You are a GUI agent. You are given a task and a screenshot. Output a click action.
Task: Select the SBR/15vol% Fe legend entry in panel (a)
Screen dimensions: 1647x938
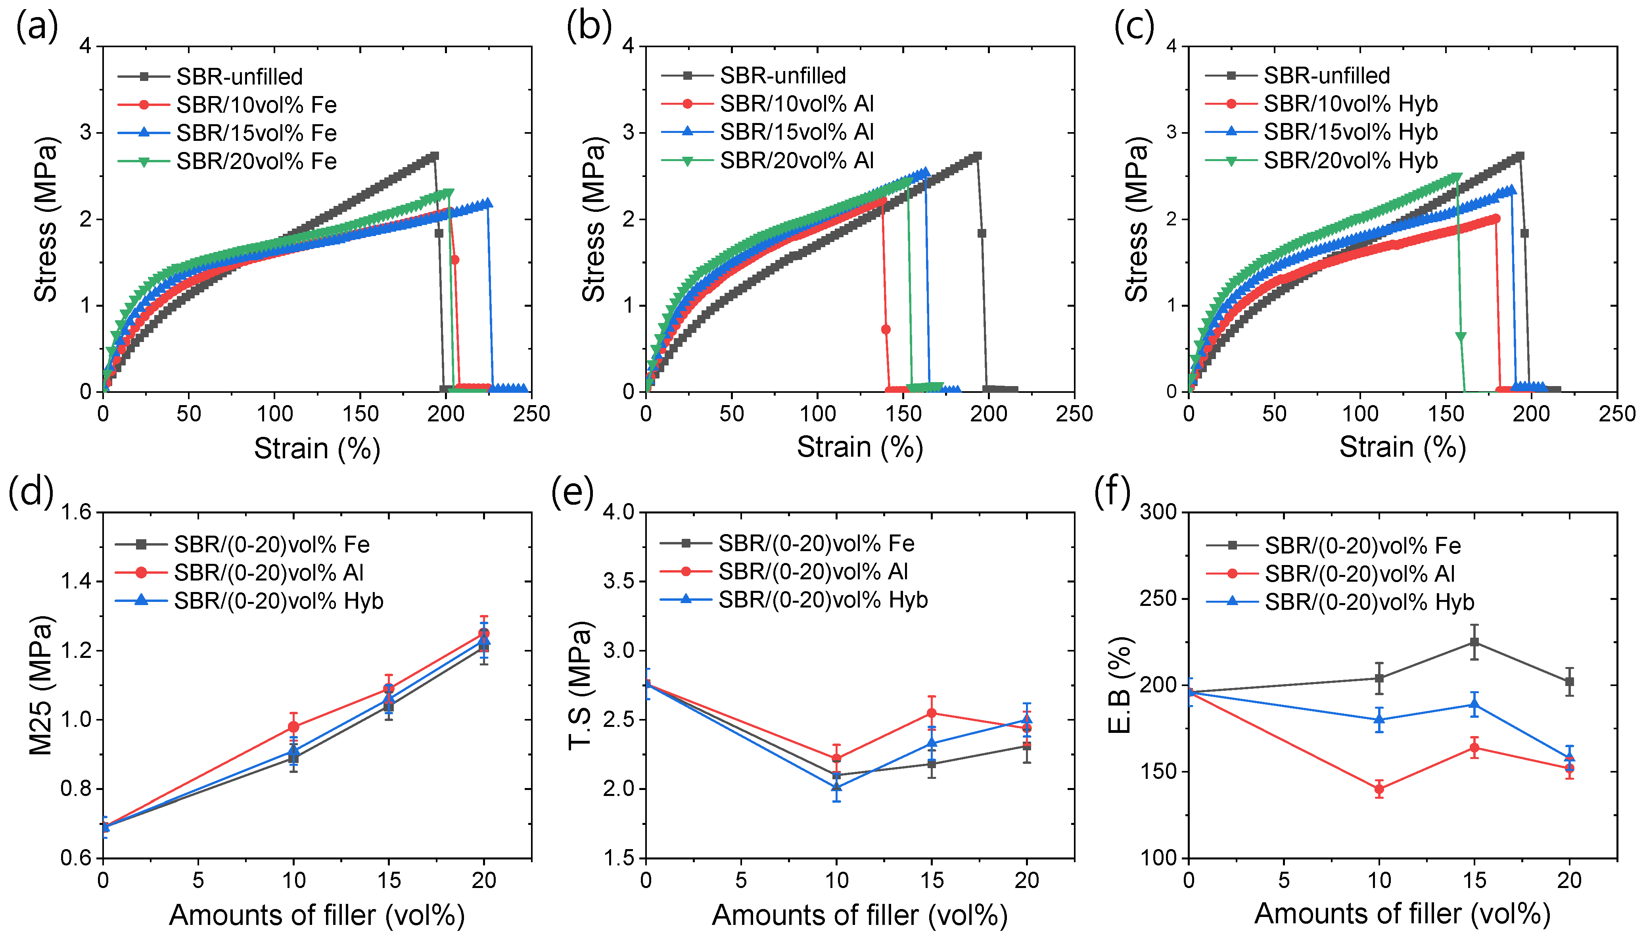click(x=227, y=133)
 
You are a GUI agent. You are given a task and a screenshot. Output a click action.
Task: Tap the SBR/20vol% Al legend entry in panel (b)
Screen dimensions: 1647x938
click(x=767, y=160)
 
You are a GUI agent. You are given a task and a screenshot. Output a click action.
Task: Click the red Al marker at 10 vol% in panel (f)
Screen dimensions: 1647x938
click(x=1379, y=788)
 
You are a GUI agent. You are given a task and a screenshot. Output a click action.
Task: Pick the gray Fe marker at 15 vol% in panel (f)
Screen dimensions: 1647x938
click(x=1474, y=642)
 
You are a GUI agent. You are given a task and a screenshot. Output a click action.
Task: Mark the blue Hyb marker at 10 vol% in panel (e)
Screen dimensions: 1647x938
click(x=836, y=786)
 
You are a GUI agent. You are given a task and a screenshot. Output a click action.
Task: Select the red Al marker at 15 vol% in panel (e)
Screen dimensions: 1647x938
click(x=931, y=713)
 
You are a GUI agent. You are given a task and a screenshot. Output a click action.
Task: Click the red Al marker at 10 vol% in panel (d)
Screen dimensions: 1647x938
click(x=293, y=727)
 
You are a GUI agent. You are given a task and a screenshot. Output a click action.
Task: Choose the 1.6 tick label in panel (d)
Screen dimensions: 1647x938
click(x=78, y=513)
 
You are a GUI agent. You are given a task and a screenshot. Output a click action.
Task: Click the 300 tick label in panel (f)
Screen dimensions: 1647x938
click(x=1158, y=512)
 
